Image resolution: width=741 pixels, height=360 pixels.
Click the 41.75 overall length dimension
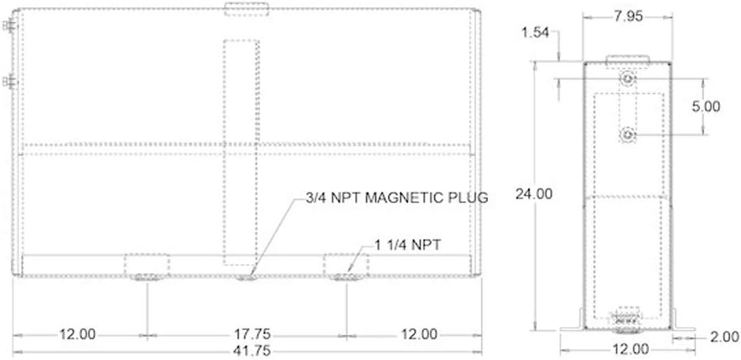click(252, 351)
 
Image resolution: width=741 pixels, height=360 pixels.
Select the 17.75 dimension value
click(252, 335)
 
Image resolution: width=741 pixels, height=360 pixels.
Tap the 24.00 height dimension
click(534, 194)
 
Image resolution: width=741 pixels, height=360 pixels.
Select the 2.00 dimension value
click(724, 337)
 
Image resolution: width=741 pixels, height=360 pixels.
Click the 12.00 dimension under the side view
click(630, 350)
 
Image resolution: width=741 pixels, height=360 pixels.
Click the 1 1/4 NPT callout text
click(408, 244)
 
